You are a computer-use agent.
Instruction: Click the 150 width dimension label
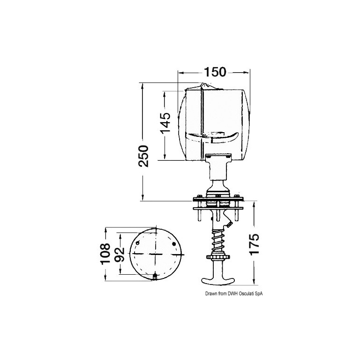point(215,72)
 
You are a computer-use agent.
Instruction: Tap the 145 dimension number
point(165,122)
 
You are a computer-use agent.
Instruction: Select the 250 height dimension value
point(143,156)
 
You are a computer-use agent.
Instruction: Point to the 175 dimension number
point(254,244)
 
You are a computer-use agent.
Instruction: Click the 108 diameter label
point(105,254)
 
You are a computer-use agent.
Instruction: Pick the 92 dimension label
point(120,255)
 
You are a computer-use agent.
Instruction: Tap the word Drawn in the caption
point(210,293)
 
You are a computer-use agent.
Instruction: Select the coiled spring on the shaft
point(218,241)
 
